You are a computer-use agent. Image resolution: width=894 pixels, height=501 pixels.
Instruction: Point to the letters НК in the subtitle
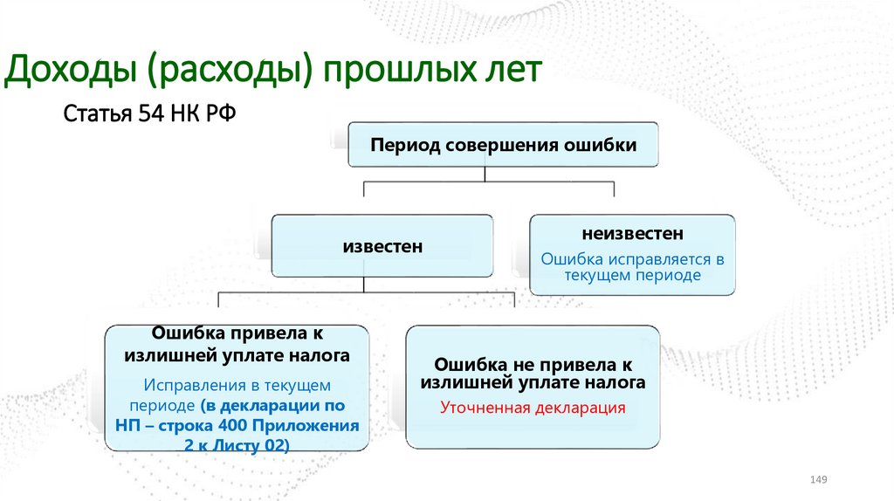182,113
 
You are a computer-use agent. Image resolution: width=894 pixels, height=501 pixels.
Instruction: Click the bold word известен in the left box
382,247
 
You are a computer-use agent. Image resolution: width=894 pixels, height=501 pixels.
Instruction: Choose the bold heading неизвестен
633,234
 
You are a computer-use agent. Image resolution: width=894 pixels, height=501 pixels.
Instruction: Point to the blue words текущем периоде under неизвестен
633,275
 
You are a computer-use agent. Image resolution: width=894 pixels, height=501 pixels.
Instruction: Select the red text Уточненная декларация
533,407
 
